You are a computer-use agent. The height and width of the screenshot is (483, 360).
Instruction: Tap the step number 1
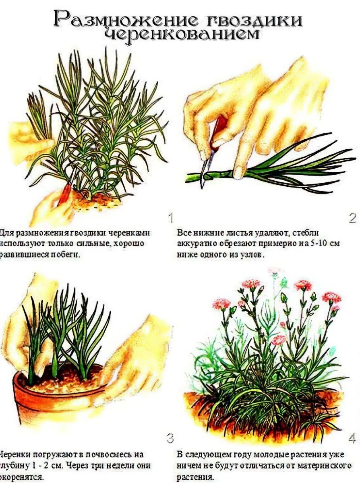pyautogui.click(x=170, y=218)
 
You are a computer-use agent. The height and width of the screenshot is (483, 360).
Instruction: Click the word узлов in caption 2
pyautogui.click(x=253, y=255)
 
